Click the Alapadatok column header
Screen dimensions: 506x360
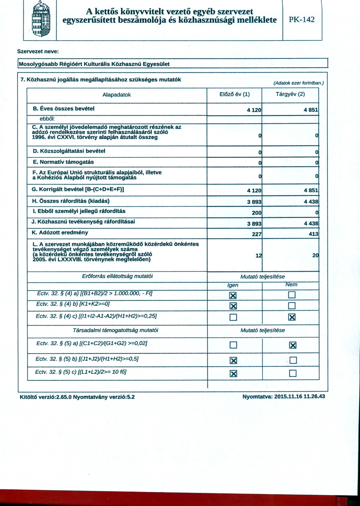(117, 94)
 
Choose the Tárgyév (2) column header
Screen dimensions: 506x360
(290, 94)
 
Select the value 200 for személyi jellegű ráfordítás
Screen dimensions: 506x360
(256, 212)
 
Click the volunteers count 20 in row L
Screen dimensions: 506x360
(315, 255)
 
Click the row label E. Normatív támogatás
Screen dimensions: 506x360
(63, 162)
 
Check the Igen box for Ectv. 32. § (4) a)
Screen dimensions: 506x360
(233, 295)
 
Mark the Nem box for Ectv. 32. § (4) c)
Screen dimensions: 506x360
(291, 317)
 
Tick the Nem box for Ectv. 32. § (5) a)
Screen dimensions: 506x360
(291, 346)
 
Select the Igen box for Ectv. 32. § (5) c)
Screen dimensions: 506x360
(233, 373)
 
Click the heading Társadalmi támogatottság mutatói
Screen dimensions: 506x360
(117, 330)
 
